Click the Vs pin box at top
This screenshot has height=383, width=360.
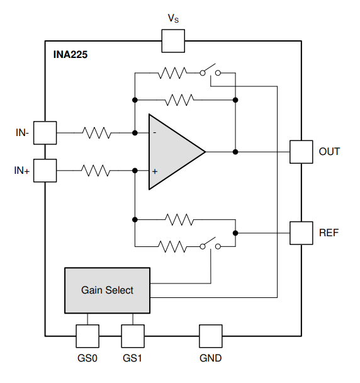point(173,41)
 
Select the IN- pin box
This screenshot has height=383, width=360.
point(45,133)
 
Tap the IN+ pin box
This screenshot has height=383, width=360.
point(45,171)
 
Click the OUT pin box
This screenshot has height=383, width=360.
point(301,152)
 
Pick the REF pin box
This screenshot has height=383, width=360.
point(301,233)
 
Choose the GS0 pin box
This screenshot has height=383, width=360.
point(87,336)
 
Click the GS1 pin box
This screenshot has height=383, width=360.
point(133,336)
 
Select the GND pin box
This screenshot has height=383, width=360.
point(211,336)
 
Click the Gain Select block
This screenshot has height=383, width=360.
point(107,290)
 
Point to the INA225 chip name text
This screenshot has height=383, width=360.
point(70,54)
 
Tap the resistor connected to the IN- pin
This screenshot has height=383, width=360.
point(97,133)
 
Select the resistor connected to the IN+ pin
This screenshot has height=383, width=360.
point(96,171)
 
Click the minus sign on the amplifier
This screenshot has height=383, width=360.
point(155,133)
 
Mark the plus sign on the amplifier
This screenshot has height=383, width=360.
point(155,171)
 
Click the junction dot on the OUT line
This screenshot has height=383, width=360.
point(235,152)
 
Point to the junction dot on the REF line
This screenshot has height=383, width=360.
point(235,233)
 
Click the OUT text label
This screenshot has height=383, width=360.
point(329,151)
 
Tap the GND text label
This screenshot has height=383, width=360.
point(210,358)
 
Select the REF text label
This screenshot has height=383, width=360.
point(329,232)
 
